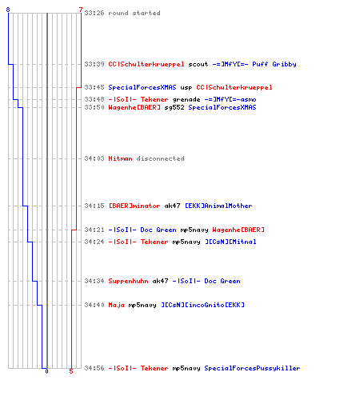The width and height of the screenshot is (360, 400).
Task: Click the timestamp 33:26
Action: coord(94,13)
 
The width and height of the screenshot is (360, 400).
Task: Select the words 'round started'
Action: coord(134,13)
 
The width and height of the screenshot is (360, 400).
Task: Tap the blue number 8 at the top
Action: coord(8,10)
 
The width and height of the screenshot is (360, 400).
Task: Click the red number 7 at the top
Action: coord(81,10)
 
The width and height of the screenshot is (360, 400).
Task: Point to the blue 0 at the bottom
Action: coord(46,371)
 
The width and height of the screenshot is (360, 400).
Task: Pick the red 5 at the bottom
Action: coord(71,371)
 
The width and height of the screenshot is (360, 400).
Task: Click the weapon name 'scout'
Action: coord(198,64)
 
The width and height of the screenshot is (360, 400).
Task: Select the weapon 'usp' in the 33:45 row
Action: coord(186,88)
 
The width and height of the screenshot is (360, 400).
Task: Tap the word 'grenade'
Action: coord(186,100)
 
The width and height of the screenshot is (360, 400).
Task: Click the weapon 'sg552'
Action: coord(174,107)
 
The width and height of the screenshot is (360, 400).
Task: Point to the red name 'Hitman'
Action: coord(120,158)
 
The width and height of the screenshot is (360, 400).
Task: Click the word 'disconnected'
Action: coord(160,158)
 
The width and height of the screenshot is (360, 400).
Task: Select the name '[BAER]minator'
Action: coord(134,206)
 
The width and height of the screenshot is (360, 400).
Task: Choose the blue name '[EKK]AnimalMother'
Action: coord(218,206)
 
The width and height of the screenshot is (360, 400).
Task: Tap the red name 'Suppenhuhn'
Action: coord(128,281)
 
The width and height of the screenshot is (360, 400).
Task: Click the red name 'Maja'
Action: coord(116,305)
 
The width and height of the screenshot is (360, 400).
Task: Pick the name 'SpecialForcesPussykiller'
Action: coord(252,368)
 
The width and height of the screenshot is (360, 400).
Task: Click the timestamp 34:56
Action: coord(94,368)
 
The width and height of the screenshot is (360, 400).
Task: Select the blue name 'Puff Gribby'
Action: coord(274,64)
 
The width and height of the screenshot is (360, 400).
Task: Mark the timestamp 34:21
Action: coord(94,230)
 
